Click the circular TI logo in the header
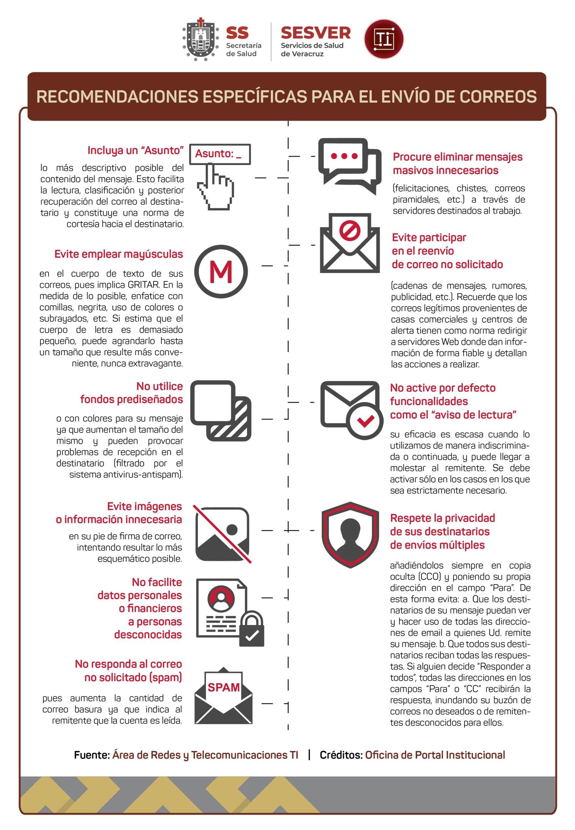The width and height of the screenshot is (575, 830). coord(384,39)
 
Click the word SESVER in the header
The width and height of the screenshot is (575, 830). coord(316,33)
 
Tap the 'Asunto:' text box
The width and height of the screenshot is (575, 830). coord(220,154)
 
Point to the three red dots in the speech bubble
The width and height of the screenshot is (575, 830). coord(344,156)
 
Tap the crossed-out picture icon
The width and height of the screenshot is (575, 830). coord(222,534)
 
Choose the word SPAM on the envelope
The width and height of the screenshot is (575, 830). coord(224,688)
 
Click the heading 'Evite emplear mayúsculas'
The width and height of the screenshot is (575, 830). coord(119,254)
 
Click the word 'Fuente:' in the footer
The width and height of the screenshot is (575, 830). coord(92,755)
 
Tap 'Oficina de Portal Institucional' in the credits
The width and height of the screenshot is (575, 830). coord(435,755)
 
